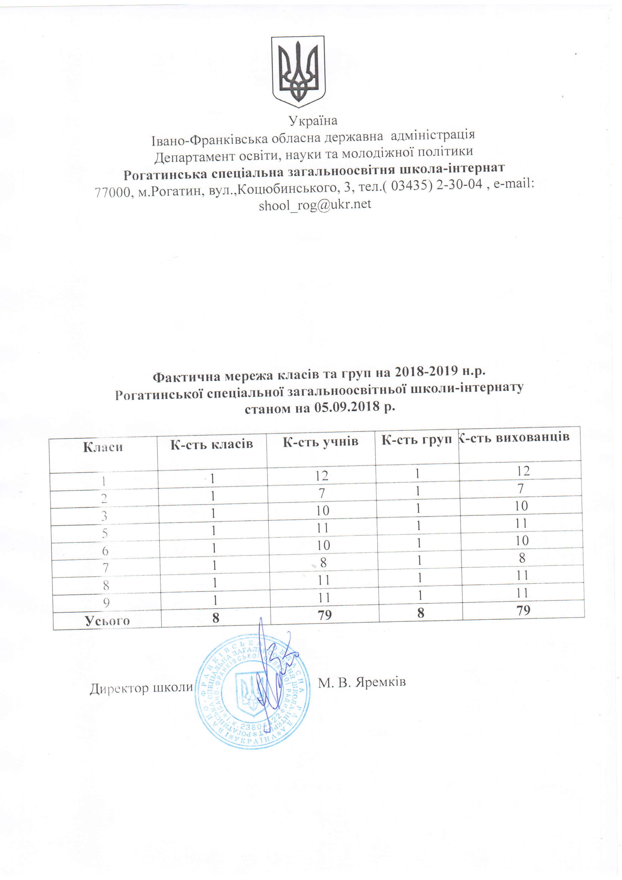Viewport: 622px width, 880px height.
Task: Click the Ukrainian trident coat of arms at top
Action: (x=298, y=72)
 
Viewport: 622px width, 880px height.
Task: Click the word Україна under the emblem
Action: (x=313, y=121)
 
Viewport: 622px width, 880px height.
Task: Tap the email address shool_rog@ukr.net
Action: (x=315, y=205)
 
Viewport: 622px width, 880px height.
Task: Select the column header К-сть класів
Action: (x=211, y=444)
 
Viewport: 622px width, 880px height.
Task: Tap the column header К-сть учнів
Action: (x=320, y=442)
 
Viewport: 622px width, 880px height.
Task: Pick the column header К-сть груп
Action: (x=417, y=440)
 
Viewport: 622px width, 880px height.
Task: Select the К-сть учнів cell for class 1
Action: (x=322, y=476)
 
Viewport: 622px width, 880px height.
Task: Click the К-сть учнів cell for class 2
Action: (x=322, y=493)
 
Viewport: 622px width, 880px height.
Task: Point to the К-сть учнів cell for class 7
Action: (x=323, y=562)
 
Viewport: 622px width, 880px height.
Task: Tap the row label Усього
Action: (x=107, y=620)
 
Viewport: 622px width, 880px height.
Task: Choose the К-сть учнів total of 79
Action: (x=325, y=615)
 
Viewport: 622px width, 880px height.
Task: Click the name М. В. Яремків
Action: (x=361, y=682)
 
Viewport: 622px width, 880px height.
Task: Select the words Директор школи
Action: (x=141, y=688)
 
